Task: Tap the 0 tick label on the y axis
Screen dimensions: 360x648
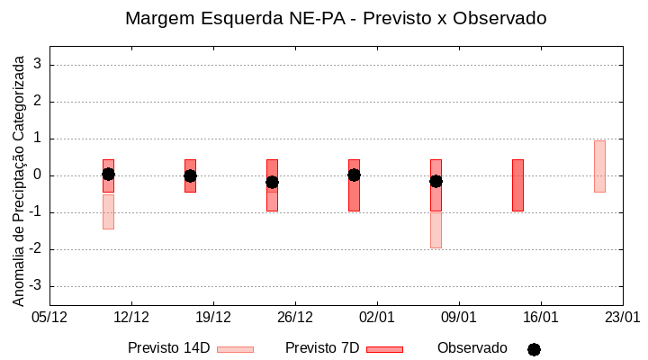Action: click(38, 175)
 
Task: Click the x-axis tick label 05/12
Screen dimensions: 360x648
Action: click(49, 317)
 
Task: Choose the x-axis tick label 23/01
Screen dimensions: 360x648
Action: click(622, 317)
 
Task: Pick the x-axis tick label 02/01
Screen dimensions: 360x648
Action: click(377, 317)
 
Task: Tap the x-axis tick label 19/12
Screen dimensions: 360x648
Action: click(213, 317)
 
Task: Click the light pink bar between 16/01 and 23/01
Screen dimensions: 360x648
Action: click(599, 166)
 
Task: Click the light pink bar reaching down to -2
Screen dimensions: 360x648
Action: click(436, 229)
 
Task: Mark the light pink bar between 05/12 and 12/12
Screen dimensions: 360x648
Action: click(108, 211)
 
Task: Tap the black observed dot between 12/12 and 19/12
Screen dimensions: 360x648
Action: click(190, 175)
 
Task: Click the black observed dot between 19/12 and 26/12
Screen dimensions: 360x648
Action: click(272, 182)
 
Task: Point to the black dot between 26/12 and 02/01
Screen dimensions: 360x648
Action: click(354, 175)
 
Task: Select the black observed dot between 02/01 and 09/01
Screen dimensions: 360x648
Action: click(436, 181)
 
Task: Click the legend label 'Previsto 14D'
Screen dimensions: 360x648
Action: click(168, 348)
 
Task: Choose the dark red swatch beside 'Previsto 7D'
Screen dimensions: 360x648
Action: click(384, 349)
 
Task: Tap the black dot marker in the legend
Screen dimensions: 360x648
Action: click(534, 349)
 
